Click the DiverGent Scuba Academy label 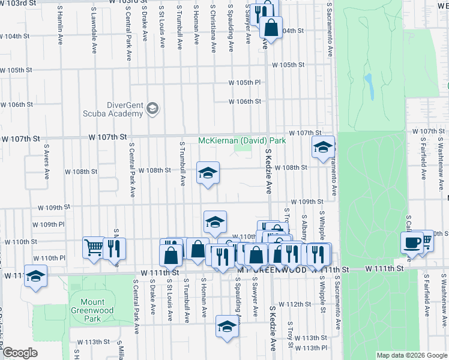coord(125,108)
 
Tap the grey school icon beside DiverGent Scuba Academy coord(152,109)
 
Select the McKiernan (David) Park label coord(242,141)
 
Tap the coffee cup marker coord(412,243)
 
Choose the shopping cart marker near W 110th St coord(93,247)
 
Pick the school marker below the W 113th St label coord(226,326)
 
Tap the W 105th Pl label coord(245,82)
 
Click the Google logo coord(20,352)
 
